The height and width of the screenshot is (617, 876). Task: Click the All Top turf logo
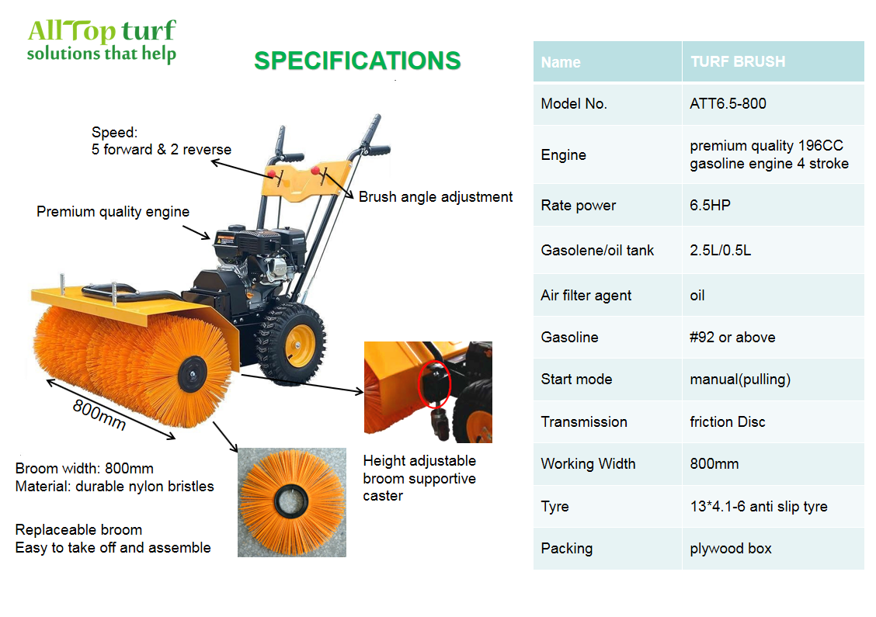click(x=102, y=40)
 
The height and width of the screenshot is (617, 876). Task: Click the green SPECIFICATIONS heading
click(x=357, y=61)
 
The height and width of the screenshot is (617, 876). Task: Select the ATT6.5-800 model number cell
click(x=728, y=104)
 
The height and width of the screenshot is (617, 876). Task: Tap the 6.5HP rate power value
click(x=710, y=206)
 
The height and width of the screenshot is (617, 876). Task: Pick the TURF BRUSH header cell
click(x=738, y=61)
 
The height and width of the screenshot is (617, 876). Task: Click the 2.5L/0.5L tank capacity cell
click(x=720, y=250)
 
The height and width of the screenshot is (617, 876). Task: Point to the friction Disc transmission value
click(x=728, y=421)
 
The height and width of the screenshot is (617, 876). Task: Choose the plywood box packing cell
click(x=731, y=549)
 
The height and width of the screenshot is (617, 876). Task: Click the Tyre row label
click(x=554, y=507)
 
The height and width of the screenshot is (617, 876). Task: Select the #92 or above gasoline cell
click(x=732, y=338)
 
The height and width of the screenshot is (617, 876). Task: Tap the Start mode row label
click(x=576, y=380)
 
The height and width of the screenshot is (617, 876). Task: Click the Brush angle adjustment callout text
click(x=435, y=197)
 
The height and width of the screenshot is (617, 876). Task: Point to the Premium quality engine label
click(x=113, y=212)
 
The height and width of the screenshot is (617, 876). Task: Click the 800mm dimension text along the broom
click(x=99, y=415)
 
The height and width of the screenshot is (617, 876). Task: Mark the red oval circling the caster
click(x=434, y=384)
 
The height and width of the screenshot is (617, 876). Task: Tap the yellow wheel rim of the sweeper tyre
click(x=301, y=345)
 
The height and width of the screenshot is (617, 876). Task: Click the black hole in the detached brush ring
click(x=291, y=501)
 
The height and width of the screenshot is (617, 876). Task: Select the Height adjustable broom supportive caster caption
click(x=419, y=478)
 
